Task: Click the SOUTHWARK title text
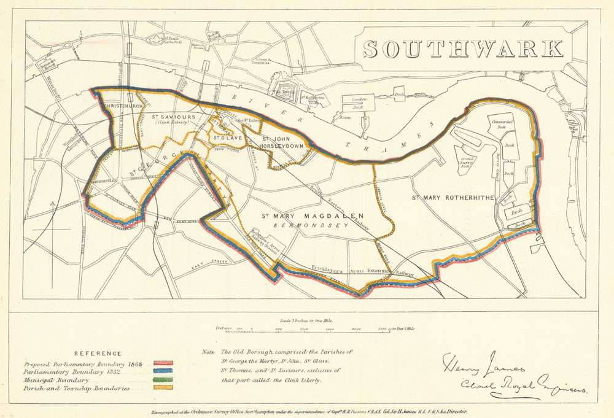463,48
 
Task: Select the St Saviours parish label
174,117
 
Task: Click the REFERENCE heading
98,354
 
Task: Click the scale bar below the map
313,329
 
